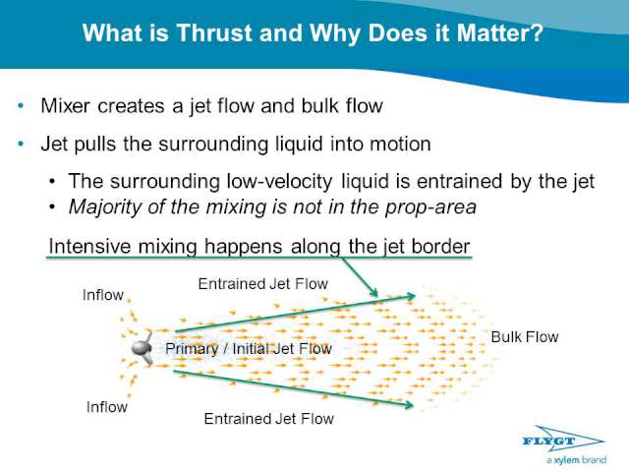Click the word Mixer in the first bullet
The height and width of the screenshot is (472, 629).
[x=65, y=106]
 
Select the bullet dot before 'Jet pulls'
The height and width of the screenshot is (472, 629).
[x=21, y=144]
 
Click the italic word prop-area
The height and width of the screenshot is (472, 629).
[x=430, y=207]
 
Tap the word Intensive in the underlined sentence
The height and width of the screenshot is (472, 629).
[x=89, y=246]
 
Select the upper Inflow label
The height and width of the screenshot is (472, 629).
[x=102, y=295]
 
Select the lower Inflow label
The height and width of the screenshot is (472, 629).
[x=107, y=407]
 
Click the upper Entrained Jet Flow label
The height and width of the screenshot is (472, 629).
[x=263, y=284]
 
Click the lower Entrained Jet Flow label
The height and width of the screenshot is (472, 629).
[x=268, y=419]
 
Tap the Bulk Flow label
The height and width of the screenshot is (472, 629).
[x=525, y=337]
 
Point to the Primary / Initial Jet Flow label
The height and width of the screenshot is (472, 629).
[x=249, y=348]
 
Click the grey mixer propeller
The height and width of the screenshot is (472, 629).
[x=143, y=348]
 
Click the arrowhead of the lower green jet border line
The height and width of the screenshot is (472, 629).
[x=410, y=404]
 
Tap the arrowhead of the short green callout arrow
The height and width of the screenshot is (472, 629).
[x=374, y=293]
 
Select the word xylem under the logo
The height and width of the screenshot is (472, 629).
[x=566, y=460]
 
